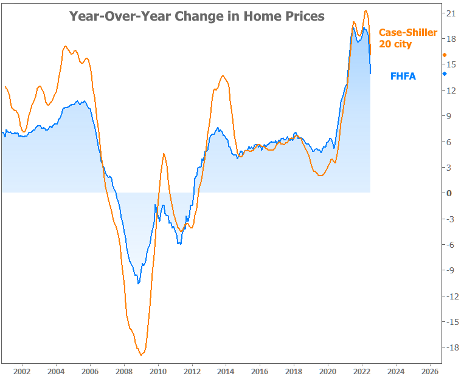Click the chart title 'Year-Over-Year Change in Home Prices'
pyautogui.click(x=196, y=16)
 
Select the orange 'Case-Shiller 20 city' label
pyautogui.click(x=407, y=38)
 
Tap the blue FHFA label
pyautogui.click(x=403, y=77)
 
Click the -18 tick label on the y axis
pyautogui.click(x=451, y=347)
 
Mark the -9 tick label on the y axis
pyautogui.click(x=451, y=270)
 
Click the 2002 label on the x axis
pyautogui.click(x=22, y=370)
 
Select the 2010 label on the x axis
pyautogui.click(x=158, y=370)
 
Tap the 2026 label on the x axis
pyautogui.click(x=430, y=370)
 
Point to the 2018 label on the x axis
pyautogui.click(x=294, y=370)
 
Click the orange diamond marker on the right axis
pyautogui.click(x=445, y=55)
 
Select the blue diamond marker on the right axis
pyautogui.click(x=445, y=74)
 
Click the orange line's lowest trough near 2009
pyautogui.click(x=141, y=355)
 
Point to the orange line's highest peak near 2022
pyautogui.click(x=365, y=10)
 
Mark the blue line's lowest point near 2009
pyautogui.click(x=139, y=283)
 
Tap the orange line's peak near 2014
pyautogui.click(x=223, y=76)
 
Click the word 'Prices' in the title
pyautogui.click(x=302, y=16)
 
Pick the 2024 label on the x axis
pyautogui.click(x=396, y=370)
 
